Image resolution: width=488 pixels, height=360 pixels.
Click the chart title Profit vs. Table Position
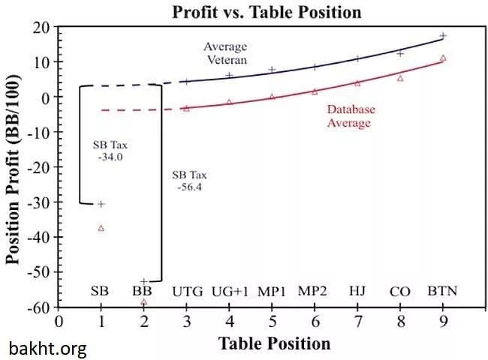tap(267, 12)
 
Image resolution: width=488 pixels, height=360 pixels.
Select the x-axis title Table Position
tap(274, 343)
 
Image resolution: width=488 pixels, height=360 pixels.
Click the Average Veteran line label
tap(225, 53)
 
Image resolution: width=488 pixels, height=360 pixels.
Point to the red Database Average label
tap(351, 115)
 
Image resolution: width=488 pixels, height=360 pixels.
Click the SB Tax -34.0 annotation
tap(110, 151)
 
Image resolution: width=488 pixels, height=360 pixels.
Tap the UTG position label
tap(187, 291)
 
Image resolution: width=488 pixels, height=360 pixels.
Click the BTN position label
tap(443, 291)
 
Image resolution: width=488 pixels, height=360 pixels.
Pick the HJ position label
tap(357, 291)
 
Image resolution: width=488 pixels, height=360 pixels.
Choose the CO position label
tap(399, 291)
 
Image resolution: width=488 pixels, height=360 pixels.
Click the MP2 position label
tap(312, 291)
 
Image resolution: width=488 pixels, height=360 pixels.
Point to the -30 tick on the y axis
tap(39, 202)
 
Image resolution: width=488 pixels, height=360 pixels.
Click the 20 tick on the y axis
tap(41, 28)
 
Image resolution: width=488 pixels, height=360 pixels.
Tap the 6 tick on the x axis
tap(315, 322)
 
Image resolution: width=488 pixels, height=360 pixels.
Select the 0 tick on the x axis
tap(59, 322)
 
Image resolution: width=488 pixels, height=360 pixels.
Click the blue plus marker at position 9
tap(443, 35)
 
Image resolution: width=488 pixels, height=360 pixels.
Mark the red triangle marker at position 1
tap(101, 228)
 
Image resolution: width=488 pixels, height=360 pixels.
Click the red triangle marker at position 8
tap(400, 78)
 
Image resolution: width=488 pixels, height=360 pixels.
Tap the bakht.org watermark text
tap(47, 348)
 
